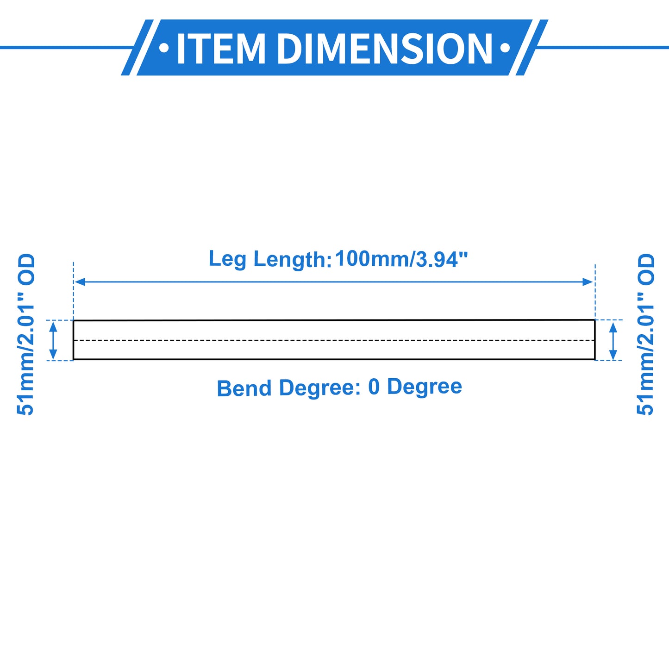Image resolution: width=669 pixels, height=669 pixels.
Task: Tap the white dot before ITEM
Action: click(x=164, y=48)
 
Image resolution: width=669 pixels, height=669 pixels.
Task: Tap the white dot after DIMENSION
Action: click(x=505, y=48)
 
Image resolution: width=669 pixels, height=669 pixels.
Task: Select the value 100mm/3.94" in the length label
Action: click(x=401, y=259)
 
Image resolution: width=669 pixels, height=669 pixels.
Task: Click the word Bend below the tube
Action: click(x=244, y=388)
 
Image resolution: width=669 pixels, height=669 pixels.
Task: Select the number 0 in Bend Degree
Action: click(x=374, y=387)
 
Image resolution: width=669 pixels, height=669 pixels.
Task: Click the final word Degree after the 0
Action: click(x=424, y=388)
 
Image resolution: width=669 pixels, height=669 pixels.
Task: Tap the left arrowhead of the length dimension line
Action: click(x=80, y=282)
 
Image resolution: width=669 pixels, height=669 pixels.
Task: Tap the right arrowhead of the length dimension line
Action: click(x=588, y=282)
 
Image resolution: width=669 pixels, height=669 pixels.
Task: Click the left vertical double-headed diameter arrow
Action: click(x=53, y=340)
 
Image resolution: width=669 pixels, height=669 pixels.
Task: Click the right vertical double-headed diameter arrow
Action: click(x=613, y=341)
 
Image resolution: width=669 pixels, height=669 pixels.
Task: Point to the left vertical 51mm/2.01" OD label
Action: click(x=25, y=334)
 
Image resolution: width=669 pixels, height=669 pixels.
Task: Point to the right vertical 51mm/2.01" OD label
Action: click(x=645, y=334)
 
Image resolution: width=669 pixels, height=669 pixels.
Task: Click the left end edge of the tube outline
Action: click(x=73, y=340)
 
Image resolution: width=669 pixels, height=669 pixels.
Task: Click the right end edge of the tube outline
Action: click(x=595, y=340)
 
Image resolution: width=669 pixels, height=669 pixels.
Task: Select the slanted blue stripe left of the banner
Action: click(x=137, y=48)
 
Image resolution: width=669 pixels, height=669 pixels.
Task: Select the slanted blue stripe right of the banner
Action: click(x=532, y=48)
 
